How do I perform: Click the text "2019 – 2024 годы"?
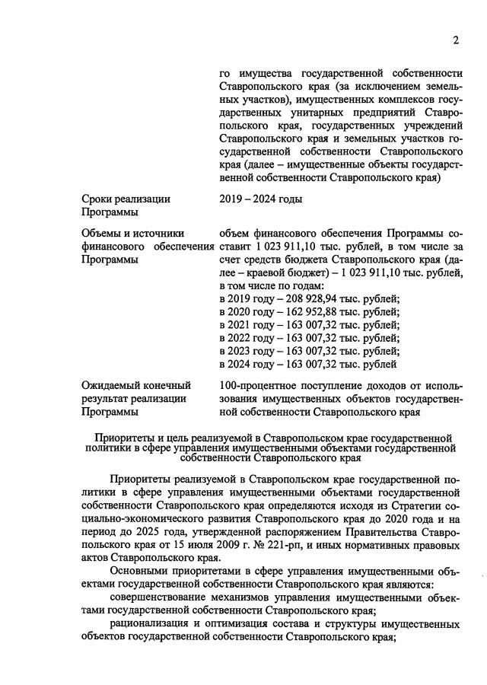[260, 199]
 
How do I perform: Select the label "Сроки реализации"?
[126, 199]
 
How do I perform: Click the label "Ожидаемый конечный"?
[135, 385]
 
